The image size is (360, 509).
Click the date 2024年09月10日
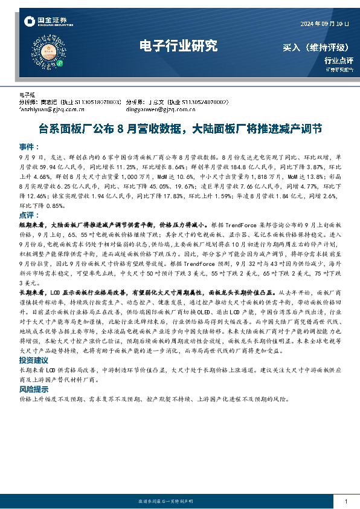tap(325, 24)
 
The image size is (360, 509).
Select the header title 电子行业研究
tap(178, 45)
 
